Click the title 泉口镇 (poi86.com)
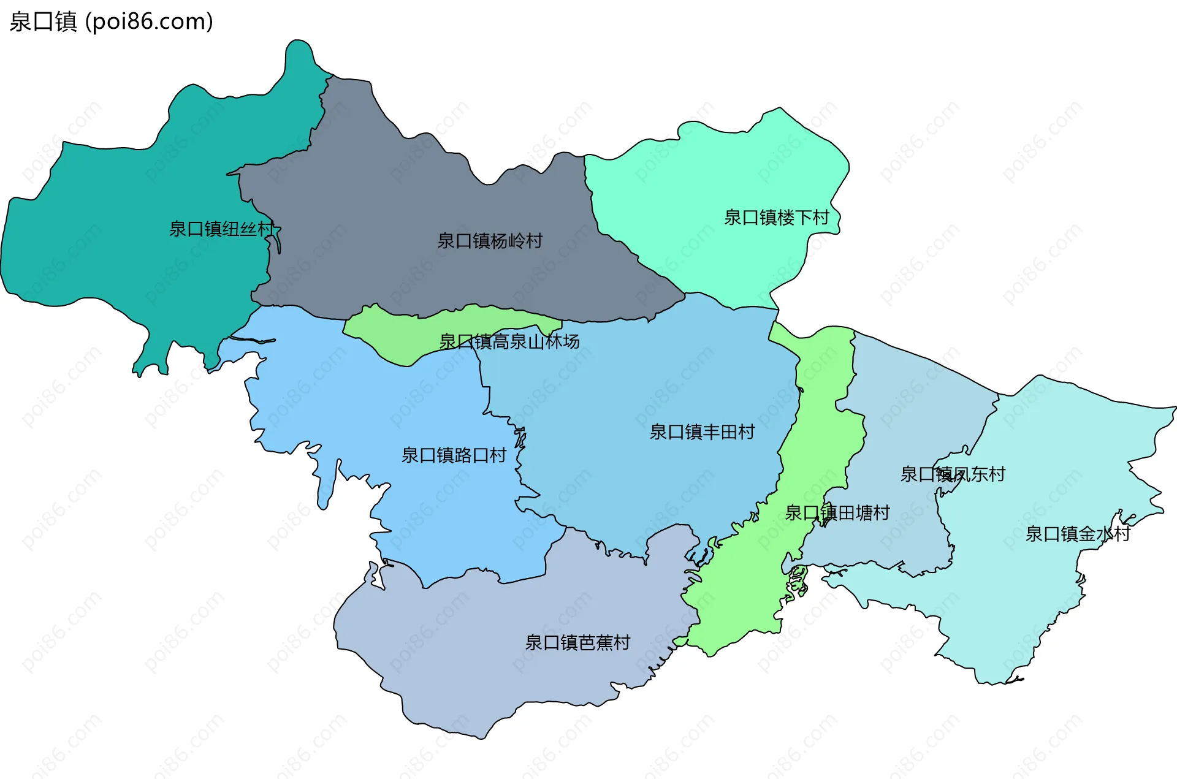[x=111, y=21]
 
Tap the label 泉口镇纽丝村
[x=221, y=229]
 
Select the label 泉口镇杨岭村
[x=490, y=241]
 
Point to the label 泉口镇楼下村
[x=776, y=218]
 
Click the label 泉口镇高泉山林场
[x=509, y=341]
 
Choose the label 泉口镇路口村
[x=454, y=455]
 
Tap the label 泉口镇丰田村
[x=702, y=432]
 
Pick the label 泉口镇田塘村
[x=837, y=513]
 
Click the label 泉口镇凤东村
[x=952, y=474]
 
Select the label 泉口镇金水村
[x=1077, y=534]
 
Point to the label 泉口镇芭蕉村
[x=577, y=642]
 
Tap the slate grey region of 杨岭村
[x=398, y=196]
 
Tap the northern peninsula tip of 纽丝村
[x=299, y=52]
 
